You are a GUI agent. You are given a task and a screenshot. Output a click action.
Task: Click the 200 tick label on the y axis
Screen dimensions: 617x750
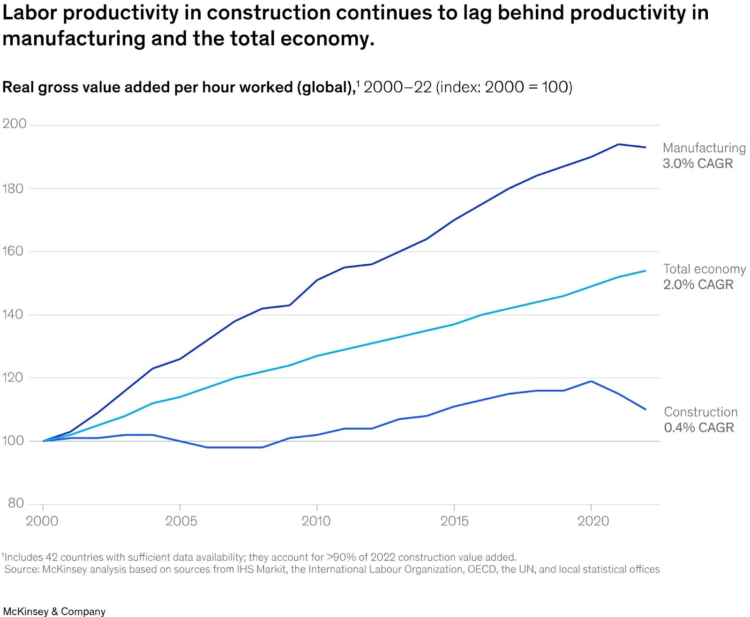tap(14, 124)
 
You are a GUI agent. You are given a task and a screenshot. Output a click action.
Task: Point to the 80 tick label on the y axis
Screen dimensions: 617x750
tap(15, 503)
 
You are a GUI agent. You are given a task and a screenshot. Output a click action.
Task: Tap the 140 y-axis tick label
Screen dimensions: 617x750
tap(13, 314)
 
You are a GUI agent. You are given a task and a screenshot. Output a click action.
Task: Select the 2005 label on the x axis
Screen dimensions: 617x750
tap(181, 521)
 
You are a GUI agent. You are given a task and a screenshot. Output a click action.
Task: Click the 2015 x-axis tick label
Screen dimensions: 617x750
tap(454, 521)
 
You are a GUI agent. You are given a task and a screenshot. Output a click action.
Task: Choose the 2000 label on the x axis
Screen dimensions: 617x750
tap(42, 521)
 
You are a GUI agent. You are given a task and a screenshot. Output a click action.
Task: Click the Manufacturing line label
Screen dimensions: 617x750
tap(704, 148)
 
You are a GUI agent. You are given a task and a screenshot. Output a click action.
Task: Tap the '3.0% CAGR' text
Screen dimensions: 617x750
tap(697, 164)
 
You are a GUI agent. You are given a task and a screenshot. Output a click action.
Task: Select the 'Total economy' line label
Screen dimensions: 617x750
tap(704, 269)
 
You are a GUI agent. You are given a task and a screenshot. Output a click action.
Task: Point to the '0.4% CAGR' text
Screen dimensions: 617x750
tap(699, 427)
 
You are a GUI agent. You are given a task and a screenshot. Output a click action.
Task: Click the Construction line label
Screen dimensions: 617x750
tap(701, 412)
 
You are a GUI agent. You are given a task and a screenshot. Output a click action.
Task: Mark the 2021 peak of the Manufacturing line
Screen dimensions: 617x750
tap(619, 144)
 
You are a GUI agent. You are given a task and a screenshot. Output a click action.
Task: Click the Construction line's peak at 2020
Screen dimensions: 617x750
tap(591, 381)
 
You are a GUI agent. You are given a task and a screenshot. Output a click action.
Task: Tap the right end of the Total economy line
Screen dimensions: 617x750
tap(645, 271)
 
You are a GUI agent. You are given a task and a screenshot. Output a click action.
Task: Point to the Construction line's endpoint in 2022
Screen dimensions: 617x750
tap(645, 409)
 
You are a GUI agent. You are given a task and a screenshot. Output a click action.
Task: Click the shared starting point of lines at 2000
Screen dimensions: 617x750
tap(43, 441)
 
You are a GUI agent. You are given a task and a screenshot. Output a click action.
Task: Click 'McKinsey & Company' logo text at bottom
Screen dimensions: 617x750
tap(54, 611)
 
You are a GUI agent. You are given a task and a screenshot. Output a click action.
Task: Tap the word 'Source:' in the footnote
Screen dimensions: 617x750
tap(22, 569)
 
